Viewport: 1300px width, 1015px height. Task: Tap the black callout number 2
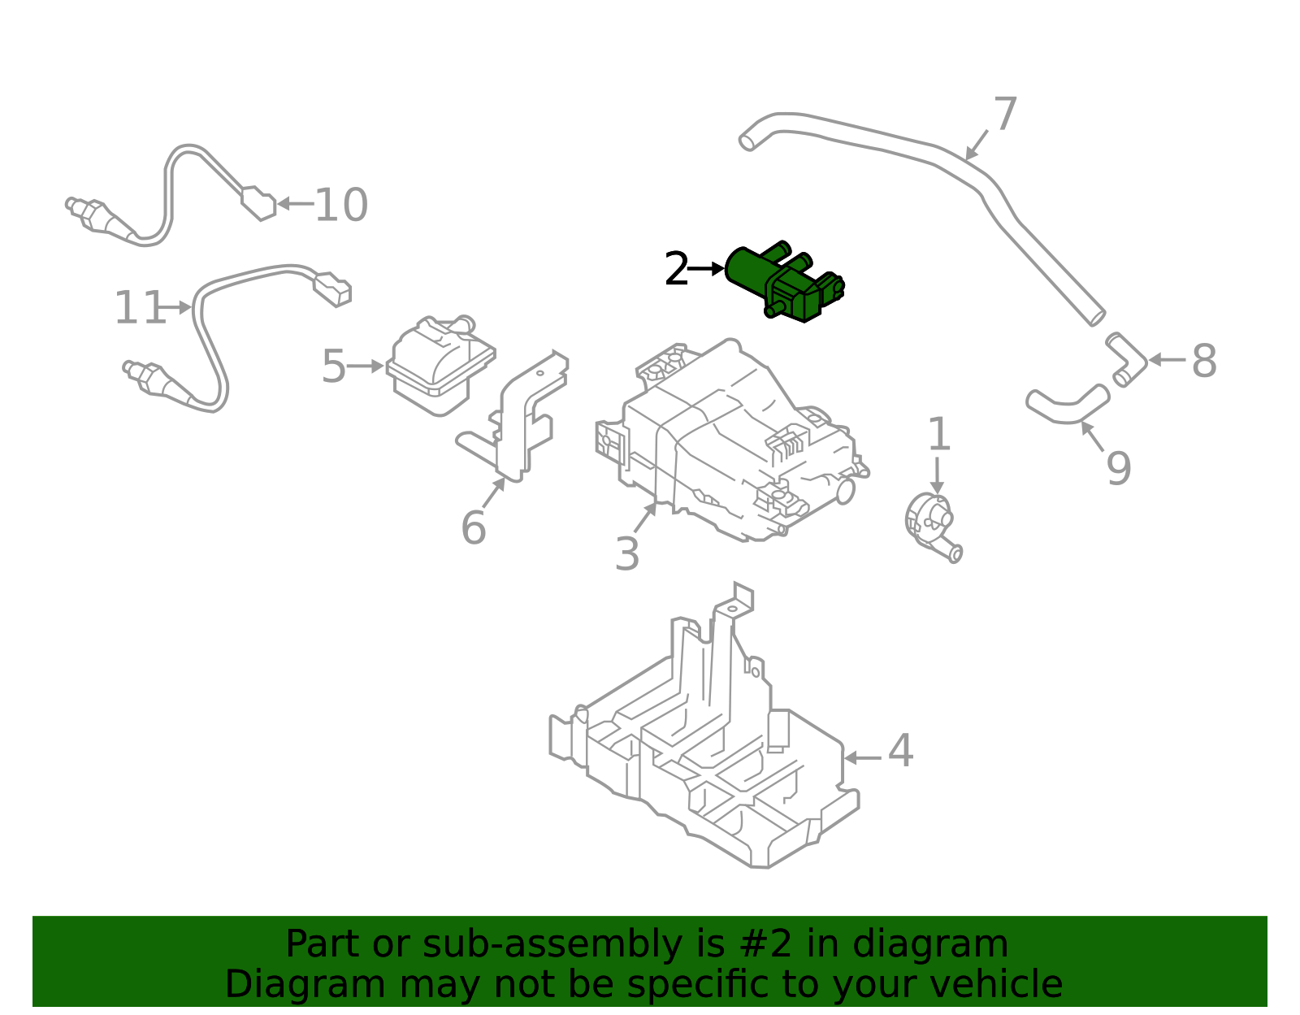pyautogui.click(x=676, y=270)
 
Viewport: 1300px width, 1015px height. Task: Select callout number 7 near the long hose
pyautogui.click(x=1005, y=115)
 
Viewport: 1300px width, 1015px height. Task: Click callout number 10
pyautogui.click(x=341, y=205)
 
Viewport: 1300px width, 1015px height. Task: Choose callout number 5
pyautogui.click(x=333, y=367)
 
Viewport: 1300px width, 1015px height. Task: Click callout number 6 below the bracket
pyautogui.click(x=473, y=528)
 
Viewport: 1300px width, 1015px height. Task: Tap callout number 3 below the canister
pyautogui.click(x=626, y=554)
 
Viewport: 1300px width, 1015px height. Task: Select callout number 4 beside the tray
pyautogui.click(x=900, y=751)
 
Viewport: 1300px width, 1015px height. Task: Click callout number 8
pyautogui.click(x=1203, y=361)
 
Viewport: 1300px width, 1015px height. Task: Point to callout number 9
pyautogui.click(x=1118, y=468)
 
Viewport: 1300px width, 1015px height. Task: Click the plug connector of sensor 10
pyautogui.click(x=259, y=203)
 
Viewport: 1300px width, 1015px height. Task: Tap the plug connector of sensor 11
pyautogui.click(x=331, y=288)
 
